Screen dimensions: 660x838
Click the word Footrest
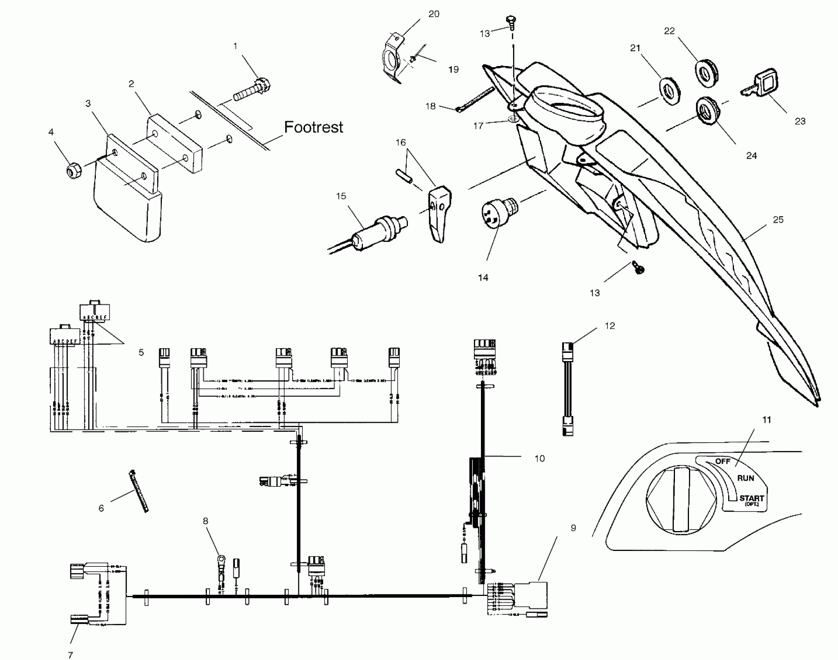(x=314, y=127)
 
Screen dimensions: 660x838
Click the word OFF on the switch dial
(x=723, y=461)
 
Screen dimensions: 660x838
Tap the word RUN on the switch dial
(x=745, y=478)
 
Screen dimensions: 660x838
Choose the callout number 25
(x=778, y=220)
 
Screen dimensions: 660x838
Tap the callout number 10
(x=540, y=459)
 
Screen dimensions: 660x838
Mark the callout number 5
(x=141, y=353)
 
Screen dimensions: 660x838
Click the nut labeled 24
(x=706, y=111)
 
